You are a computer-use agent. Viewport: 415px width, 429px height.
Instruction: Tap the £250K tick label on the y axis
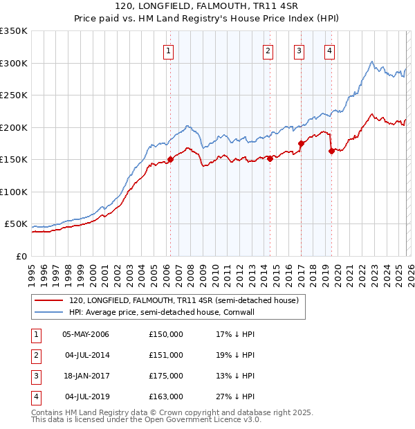pos(13,95)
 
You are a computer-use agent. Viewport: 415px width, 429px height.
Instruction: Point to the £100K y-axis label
pos(13,192)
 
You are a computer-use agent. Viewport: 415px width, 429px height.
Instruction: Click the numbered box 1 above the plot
pos(169,50)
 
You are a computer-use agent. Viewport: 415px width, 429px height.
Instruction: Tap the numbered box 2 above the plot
pos(268,50)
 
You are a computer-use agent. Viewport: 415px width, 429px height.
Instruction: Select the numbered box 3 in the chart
pos(299,50)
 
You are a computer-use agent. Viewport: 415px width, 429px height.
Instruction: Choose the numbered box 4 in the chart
pos(329,50)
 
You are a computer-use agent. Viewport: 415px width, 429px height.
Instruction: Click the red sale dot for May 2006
pos(170,159)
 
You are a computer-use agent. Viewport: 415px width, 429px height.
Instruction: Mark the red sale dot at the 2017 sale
pos(301,143)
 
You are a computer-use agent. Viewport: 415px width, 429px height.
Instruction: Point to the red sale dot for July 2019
pos(331,151)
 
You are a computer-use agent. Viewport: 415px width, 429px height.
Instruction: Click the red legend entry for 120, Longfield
pos(183,301)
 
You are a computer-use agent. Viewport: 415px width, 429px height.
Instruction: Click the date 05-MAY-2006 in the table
pos(86,334)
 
